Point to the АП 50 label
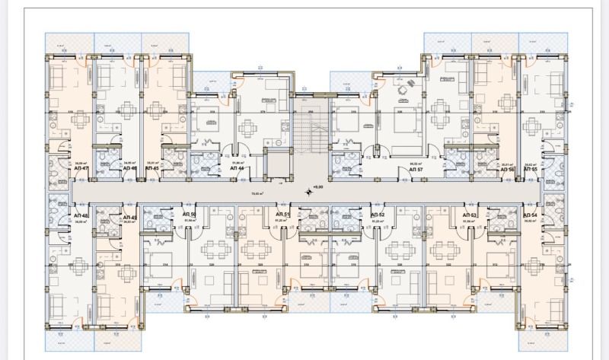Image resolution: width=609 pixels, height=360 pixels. coord(189,216)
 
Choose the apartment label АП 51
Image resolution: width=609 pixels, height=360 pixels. coord(280,216)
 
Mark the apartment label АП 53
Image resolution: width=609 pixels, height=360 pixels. coord(469,216)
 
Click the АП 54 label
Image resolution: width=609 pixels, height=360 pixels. coord(531,216)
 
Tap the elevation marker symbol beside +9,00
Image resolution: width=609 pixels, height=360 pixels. coord(308,191)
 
